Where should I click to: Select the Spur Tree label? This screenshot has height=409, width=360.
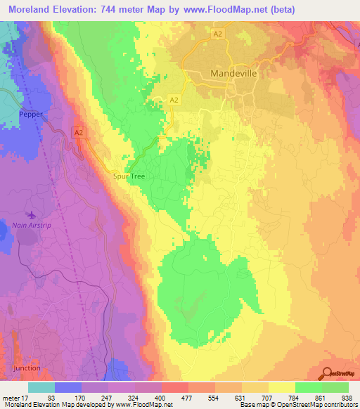tap(129, 176)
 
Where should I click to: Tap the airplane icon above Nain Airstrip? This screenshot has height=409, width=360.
tap(31, 214)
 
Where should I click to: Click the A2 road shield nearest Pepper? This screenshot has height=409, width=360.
tap(78, 131)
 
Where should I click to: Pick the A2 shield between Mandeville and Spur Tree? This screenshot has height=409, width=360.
tap(173, 100)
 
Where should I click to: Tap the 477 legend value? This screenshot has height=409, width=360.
tap(169, 397)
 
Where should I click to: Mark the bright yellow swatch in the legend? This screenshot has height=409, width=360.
tap(281, 387)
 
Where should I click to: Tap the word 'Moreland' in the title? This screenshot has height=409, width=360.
tap(28, 8)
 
